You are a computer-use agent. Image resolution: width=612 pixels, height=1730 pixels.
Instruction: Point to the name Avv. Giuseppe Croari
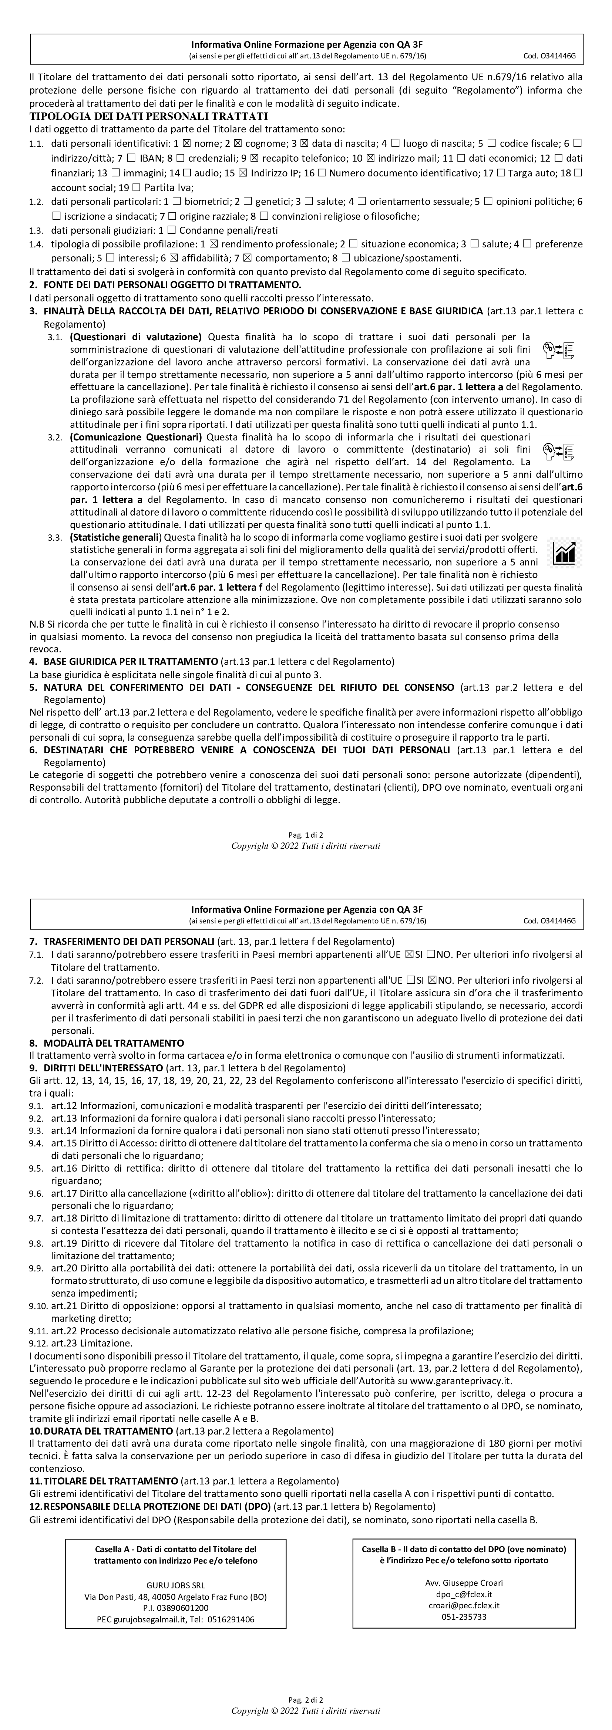click(464, 1582)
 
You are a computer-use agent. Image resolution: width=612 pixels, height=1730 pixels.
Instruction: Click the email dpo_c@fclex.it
click(464, 1594)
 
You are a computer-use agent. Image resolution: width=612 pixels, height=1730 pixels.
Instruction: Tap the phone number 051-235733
click(464, 1616)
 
